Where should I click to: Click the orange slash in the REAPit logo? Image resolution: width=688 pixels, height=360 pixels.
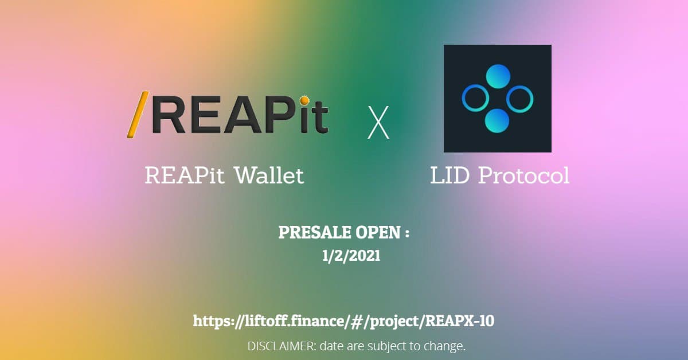[138, 114]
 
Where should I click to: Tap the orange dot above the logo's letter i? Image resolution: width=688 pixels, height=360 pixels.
[304, 100]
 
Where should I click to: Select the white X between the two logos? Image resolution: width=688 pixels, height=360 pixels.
[378, 123]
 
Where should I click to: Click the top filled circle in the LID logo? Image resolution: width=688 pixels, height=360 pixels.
[498, 76]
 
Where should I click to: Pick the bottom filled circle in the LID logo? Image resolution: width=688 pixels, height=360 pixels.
[497, 121]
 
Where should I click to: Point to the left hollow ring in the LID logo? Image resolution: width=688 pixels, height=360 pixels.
[475, 98]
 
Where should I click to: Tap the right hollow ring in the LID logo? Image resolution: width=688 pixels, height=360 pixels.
[520, 99]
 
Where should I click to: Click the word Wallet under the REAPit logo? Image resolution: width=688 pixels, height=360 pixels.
[269, 175]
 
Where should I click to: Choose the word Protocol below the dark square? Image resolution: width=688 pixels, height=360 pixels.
[524, 175]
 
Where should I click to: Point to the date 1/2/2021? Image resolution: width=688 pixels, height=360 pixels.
[351, 256]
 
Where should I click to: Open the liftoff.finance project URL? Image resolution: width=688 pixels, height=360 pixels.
[343, 321]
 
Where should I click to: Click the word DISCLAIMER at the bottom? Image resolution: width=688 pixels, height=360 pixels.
[282, 346]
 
